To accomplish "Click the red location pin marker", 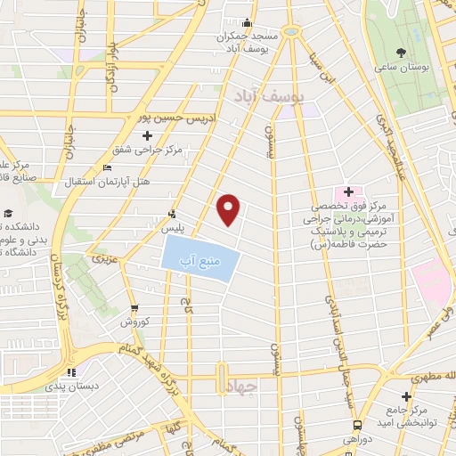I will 229,209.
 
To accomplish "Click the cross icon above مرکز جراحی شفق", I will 147,135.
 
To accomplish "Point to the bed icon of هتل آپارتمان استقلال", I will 108,169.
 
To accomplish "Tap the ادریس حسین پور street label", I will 172,116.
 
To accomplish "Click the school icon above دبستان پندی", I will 71,371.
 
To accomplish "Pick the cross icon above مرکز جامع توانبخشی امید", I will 407,396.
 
